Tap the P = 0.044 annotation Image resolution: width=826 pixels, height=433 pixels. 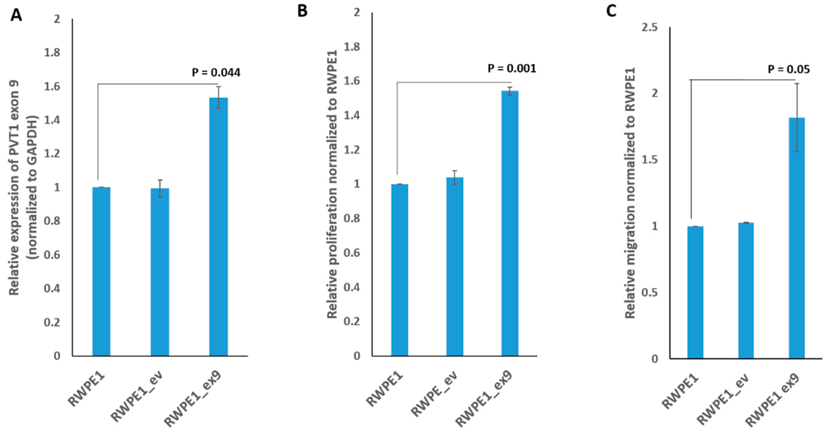216,73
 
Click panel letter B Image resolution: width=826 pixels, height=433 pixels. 302,11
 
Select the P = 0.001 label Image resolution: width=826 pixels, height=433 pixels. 512,69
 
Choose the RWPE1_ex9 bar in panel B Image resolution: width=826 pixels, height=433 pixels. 510,223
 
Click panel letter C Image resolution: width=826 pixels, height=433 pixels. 611,11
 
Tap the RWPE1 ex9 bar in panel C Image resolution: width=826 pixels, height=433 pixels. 797,238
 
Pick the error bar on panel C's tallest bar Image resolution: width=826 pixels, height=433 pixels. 797,117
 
